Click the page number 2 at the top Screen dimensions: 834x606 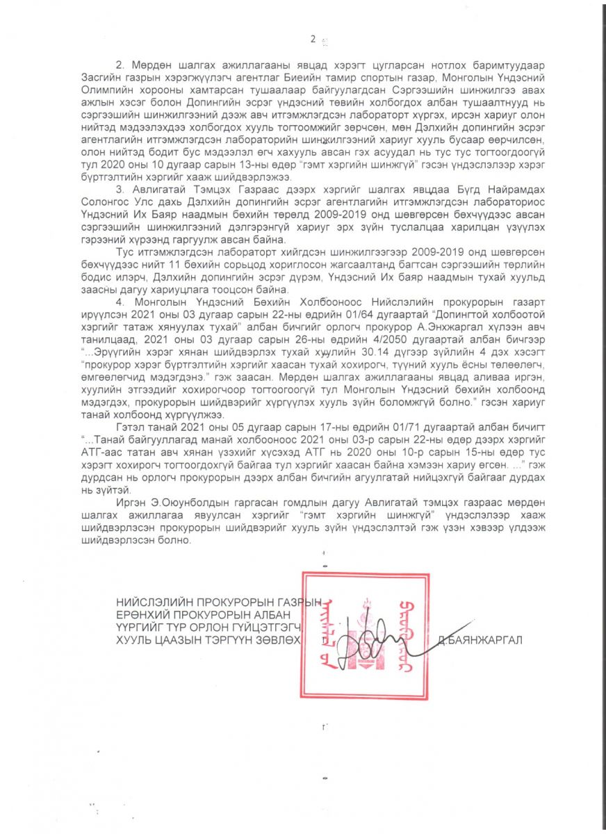point(313,39)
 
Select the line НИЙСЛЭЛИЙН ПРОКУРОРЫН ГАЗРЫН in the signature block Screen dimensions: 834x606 point(220,602)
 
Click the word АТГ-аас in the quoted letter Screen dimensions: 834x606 point(136,457)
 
